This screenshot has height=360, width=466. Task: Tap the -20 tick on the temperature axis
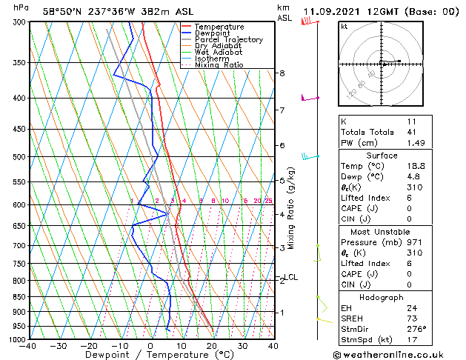point(89,346)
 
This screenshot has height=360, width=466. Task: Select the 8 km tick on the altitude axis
point(282,73)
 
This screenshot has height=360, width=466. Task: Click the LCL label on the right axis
point(291,277)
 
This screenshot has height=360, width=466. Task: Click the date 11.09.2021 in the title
point(330,12)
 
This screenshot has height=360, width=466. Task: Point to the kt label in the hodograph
point(344,26)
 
